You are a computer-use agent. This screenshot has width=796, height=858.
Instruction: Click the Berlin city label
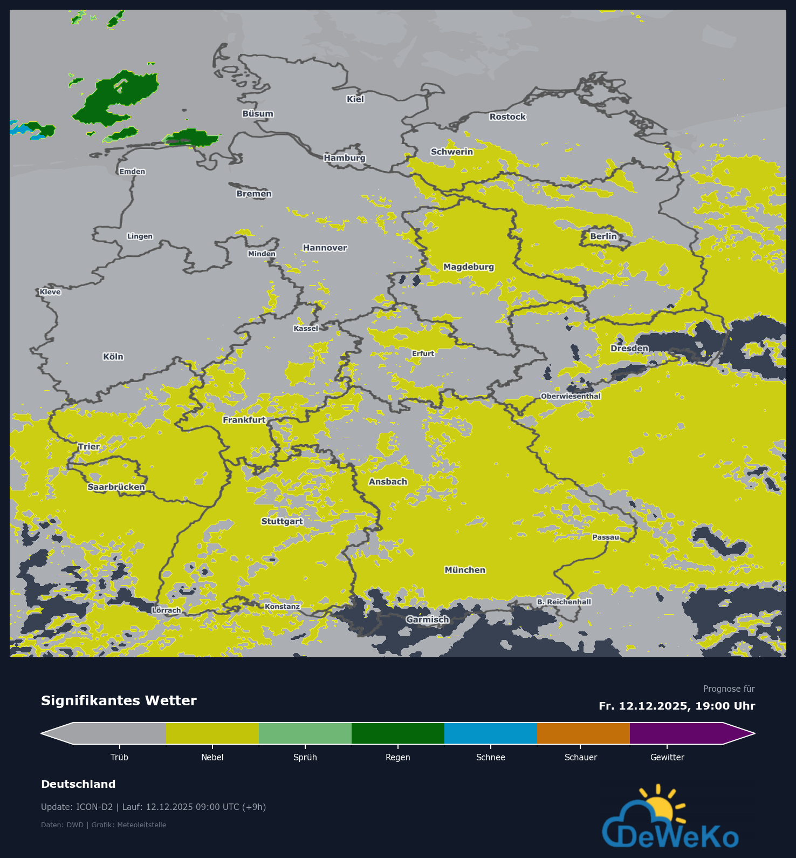pyautogui.click(x=603, y=236)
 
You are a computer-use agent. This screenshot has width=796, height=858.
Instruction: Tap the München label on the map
pyautogui.click(x=465, y=570)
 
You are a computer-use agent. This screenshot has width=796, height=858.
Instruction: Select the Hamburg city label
pyautogui.click(x=345, y=158)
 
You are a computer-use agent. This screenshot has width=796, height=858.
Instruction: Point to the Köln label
pyautogui.click(x=113, y=357)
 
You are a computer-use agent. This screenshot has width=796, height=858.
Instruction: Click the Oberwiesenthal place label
pyautogui.click(x=571, y=396)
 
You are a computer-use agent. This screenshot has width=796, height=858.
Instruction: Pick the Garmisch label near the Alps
pyautogui.click(x=428, y=619)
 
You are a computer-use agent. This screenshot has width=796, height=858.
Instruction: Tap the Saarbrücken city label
pyautogui.click(x=116, y=487)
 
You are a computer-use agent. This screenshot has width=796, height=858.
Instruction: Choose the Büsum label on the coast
pyautogui.click(x=258, y=114)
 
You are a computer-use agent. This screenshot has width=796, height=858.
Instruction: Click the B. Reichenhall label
pyautogui.click(x=564, y=602)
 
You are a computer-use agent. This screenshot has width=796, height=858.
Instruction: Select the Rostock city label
pyautogui.click(x=507, y=117)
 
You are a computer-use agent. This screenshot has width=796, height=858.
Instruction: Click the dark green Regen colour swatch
pyautogui.click(x=398, y=733)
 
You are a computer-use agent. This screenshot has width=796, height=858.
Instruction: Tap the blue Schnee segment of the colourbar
pyautogui.click(x=491, y=733)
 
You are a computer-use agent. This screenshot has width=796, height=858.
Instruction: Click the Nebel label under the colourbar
pyautogui.click(x=212, y=757)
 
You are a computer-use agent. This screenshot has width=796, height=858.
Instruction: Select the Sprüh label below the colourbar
pyautogui.click(x=305, y=757)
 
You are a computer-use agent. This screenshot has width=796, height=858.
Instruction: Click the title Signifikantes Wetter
pyautogui.click(x=119, y=700)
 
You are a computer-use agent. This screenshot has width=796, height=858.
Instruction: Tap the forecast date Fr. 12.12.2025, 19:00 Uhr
pyautogui.click(x=677, y=706)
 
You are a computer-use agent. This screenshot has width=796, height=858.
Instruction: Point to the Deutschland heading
pyautogui.click(x=78, y=784)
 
